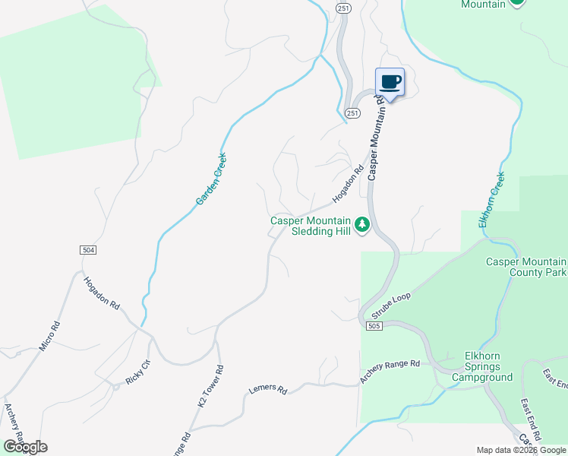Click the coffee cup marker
[x=390, y=82]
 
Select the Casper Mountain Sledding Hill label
[x=312, y=226]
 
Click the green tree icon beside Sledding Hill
[x=363, y=224]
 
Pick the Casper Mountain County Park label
[x=525, y=267]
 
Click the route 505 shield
[x=372, y=326]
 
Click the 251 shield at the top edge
[x=343, y=8]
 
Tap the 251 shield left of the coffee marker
[x=352, y=112]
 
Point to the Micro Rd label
[x=49, y=337]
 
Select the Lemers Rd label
[x=268, y=390]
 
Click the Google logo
[x=24, y=447]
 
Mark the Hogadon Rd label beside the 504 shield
[x=102, y=291]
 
